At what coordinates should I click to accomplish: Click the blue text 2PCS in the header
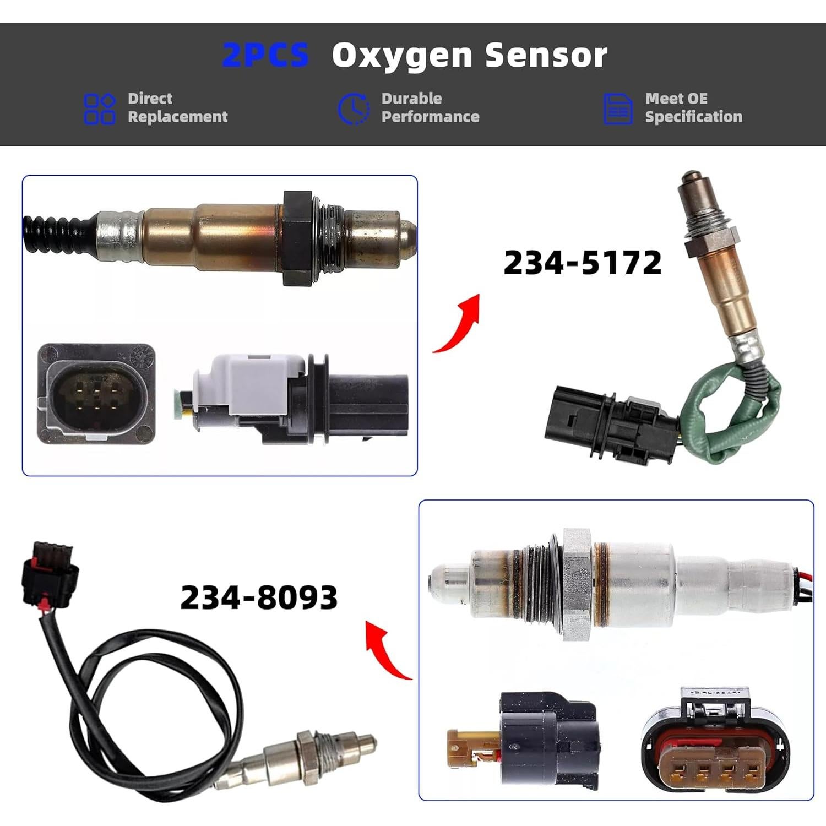pyautogui.click(x=265, y=55)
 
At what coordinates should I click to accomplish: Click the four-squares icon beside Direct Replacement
pyautogui.click(x=99, y=108)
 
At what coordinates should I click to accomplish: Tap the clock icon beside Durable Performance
pyautogui.click(x=353, y=108)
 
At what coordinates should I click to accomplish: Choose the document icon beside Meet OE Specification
pyautogui.click(x=617, y=108)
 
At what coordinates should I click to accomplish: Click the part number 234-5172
pyautogui.click(x=582, y=263)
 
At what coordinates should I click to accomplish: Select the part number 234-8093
pyautogui.click(x=259, y=597)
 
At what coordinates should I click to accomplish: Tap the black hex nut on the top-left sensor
pyautogui.click(x=297, y=238)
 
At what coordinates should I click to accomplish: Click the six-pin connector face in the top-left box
pyautogui.click(x=96, y=394)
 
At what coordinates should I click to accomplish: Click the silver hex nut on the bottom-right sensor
pyautogui.click(x=577, y=584)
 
